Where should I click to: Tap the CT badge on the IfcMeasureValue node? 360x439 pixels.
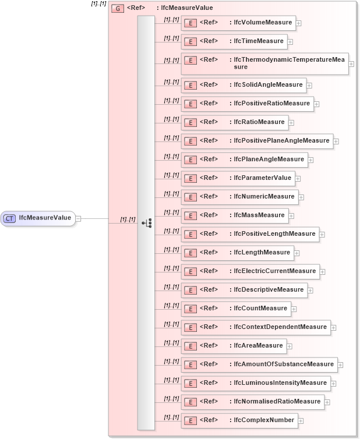click(10, 218)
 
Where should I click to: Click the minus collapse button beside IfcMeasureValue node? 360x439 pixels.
click(78, 219)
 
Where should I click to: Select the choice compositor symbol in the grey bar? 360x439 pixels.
click(146, 223)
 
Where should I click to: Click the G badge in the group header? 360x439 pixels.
click(117, 9)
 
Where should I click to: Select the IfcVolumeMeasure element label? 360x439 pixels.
click(263, 23)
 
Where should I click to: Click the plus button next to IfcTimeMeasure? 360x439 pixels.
click(290, 42)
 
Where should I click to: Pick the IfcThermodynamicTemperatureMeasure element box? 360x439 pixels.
click(264, 63)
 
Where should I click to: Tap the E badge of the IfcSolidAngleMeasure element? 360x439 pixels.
click(189, 85)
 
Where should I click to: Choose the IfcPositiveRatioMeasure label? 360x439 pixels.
click(271, 104)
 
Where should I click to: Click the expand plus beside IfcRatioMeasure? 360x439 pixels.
click(291, 123)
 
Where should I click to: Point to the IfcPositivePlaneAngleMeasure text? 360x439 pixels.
click(281, 141)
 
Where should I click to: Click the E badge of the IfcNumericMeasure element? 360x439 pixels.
click(189, 197)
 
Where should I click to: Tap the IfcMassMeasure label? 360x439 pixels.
click(259, 215)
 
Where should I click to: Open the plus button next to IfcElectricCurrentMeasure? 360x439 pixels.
click(322, 272)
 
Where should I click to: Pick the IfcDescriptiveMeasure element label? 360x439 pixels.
click(269, 290)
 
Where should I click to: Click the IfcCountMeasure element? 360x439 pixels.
click(236, 309)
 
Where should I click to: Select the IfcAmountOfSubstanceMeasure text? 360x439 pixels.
click(284, 364)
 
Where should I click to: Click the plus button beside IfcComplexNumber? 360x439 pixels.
click(301, 421)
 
